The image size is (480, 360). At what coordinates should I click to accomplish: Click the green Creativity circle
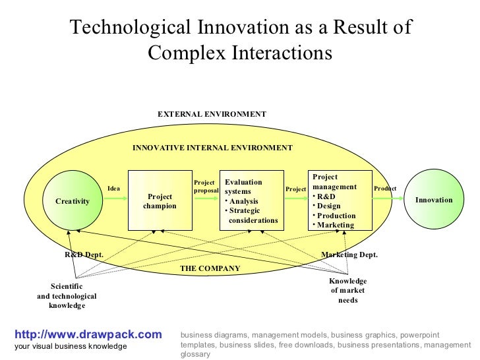pos(73,200)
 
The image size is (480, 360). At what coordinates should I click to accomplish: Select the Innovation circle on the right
pos(434,200)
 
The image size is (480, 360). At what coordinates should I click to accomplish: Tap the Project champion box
pos(160,200)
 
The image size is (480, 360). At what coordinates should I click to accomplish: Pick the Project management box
pos(340,200)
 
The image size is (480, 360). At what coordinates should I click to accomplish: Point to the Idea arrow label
pos(114,189)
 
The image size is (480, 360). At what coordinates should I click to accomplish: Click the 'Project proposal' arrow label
pos(205,187)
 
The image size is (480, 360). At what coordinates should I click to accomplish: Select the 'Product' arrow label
pos(385,189)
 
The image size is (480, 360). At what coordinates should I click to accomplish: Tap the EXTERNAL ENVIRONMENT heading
pos(212,114)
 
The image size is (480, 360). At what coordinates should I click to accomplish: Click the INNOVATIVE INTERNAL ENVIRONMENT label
pos(212,148)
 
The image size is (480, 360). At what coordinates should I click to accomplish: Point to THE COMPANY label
pos(210,268)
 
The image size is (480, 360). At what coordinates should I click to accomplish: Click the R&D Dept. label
pos(84,255)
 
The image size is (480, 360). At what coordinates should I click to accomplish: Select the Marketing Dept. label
pos(349,255)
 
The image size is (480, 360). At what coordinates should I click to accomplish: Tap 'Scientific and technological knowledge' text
pos(67,296)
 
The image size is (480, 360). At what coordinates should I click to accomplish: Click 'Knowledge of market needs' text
pos(347,291)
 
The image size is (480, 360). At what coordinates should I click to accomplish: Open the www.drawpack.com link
pos(88,335)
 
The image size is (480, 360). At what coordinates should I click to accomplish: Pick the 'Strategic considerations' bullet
pos(253,216)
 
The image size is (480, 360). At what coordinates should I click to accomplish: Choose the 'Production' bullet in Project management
pos(336,216)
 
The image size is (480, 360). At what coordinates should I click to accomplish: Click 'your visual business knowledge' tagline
pos(71,346)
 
